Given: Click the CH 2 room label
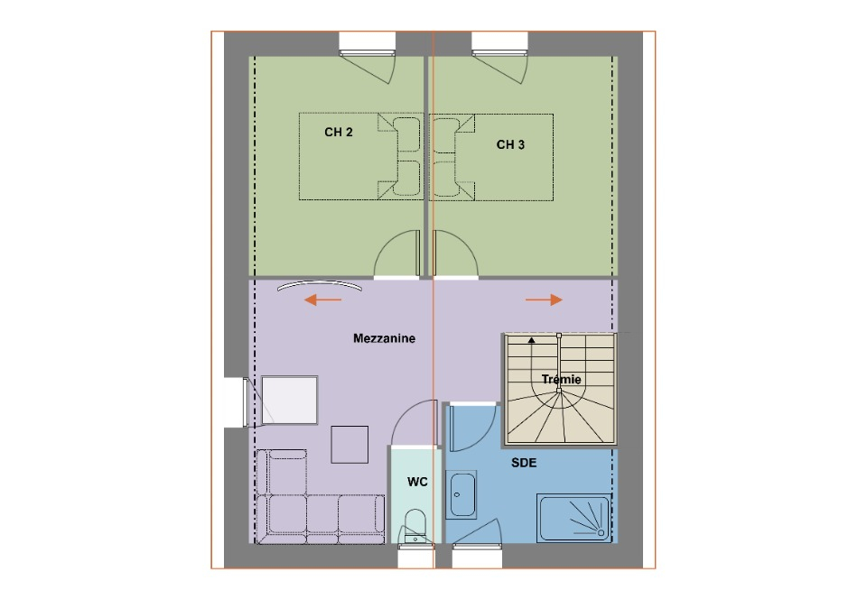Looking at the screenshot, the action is coord(339,133).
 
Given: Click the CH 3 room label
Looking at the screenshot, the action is coord(510,144).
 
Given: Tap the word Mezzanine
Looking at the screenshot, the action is coord(385,338).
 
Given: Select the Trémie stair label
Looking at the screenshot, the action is coord(561,379).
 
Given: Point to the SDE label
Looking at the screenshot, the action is coord(524,463).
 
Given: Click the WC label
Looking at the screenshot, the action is coord(417,482).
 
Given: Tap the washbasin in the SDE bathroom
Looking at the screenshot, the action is coord(461,494).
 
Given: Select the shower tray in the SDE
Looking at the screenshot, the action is coord(574,518).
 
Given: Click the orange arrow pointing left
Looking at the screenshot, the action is coord(323,299).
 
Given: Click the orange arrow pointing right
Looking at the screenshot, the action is coord(544,299).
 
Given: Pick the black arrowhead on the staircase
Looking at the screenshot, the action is coord(531,340).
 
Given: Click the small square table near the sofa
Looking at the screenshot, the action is coord(350,445).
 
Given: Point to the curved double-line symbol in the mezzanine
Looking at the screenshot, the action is coord(320,285).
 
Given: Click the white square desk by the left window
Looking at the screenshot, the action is coord(289,401).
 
